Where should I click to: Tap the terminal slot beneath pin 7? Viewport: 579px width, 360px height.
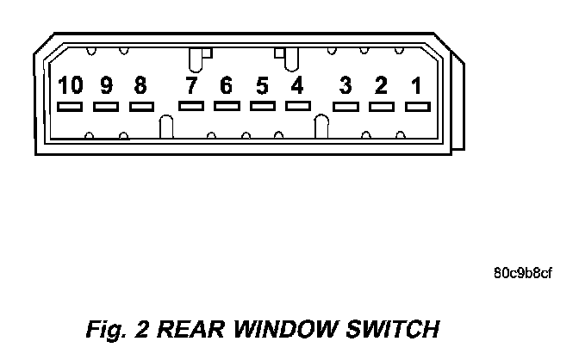click(x=191, y=106)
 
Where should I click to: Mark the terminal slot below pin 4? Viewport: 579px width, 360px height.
click(x=297, y=105)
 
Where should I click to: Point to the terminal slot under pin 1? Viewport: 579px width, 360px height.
click(x=417, y=107)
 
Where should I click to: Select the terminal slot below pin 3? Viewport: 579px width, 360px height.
click(x=346, y=107)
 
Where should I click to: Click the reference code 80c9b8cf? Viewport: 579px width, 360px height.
click(x=523, y=274)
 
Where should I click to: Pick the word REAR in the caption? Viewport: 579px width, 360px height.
click(x=189, y=330)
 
